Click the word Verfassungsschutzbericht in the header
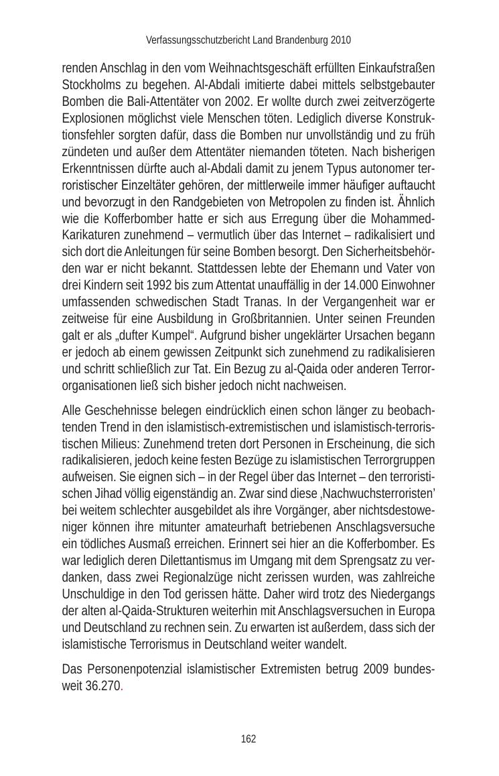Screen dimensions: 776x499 coord(198,40)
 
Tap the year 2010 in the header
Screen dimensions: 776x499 coord(340,40)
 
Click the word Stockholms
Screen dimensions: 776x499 coord(90,85)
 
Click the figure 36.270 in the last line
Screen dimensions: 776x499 coord(102,686)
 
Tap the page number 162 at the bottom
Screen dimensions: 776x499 coord(248,739)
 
